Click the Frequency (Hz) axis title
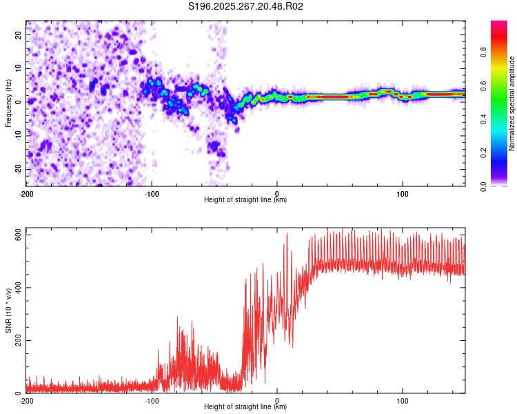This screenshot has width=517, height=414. click(x=8, y=103)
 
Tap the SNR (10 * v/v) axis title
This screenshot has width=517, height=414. click(x=8, y=310)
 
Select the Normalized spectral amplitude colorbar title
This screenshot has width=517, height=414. click(x=511, y=103)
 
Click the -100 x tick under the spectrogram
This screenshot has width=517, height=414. click(x=152, y=194)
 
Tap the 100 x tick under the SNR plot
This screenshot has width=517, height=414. click(x=403, y=401)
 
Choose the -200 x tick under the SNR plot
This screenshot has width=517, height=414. click(x=26, y=401)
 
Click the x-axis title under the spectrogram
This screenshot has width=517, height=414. click(x=245, y=200)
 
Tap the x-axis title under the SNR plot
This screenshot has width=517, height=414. click(x=245, y=407)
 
